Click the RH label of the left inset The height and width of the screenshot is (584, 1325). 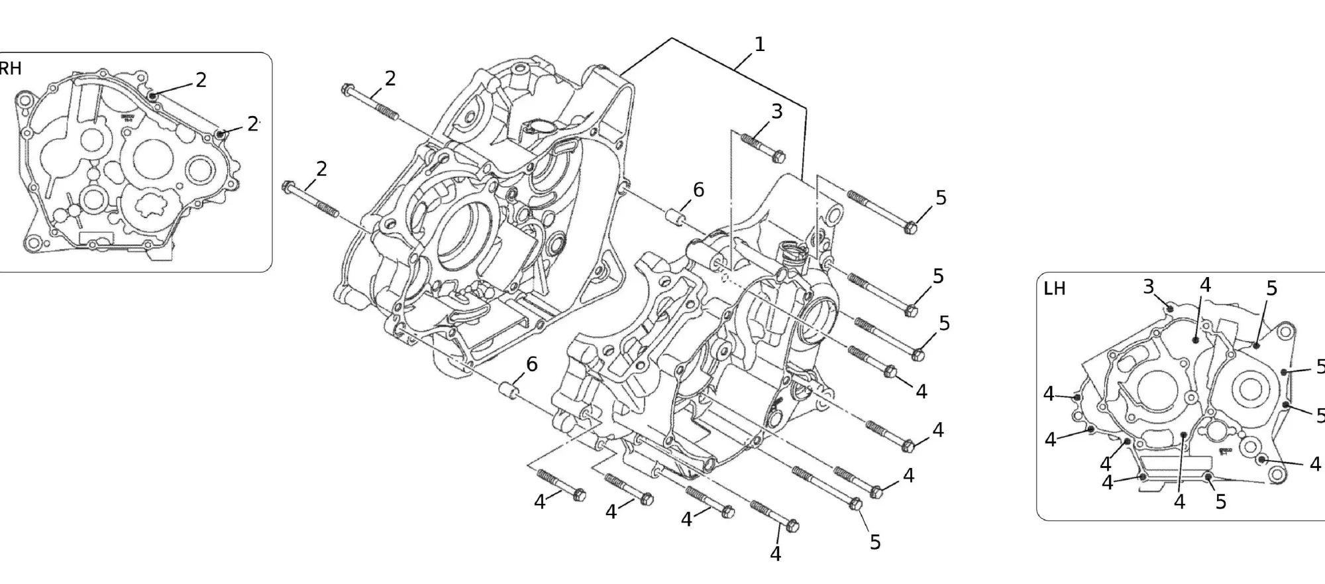point(10,68)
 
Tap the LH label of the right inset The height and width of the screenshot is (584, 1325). point(1054,289)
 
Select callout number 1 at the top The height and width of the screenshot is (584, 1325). point(760,44)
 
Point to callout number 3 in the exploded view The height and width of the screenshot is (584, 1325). point(776,111)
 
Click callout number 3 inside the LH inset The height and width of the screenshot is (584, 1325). point(1148,286)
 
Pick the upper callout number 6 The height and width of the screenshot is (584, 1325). point(698,190)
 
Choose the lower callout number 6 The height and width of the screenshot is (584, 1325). point(531,364)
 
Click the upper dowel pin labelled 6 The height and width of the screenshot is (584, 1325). point(676,217)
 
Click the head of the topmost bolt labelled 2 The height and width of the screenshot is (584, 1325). point(346,89)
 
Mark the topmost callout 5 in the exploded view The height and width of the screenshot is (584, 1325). point(941,198)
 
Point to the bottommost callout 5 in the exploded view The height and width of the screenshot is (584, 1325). point(875,542)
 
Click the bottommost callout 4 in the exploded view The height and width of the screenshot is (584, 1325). point(776,554)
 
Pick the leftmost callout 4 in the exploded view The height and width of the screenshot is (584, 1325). point(540,502)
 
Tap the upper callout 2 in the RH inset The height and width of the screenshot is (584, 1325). point(201,80)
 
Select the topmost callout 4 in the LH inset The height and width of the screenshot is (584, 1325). point(1205,285)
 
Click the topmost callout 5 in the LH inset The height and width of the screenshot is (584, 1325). point(1271,288)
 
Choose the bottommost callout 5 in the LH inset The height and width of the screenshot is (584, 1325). point(1221,502)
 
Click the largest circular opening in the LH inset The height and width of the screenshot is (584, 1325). point(1156,388)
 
